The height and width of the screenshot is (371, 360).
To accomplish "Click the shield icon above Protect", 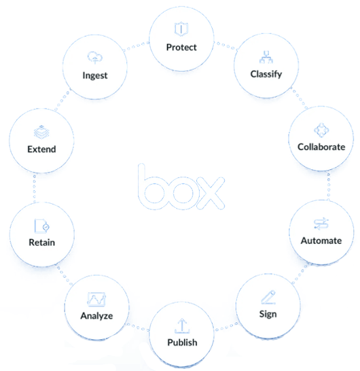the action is [x=181, y=29].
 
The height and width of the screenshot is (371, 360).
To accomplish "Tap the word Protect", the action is [x=181, y=48].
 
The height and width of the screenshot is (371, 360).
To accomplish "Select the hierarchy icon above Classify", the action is [x=266, y=57].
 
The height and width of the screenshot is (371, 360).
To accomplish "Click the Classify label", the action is [x=266, y=74].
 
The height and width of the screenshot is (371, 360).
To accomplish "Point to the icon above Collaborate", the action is [x=321, y=130].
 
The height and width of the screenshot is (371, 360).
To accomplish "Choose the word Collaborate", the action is [x=321, y=147].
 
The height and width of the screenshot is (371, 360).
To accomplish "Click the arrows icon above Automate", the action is [x=321, y=224].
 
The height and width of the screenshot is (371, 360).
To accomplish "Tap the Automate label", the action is [x=321, y=241].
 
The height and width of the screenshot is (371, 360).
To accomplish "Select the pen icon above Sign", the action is [x=268, y=297].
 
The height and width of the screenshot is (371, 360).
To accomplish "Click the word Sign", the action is [x=268, y=314].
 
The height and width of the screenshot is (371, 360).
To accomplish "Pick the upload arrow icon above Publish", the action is [x=182, y=325].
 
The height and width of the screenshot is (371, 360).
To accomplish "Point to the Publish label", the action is [x=182, y=342].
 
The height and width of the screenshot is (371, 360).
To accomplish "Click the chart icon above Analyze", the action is [x=96, y=299].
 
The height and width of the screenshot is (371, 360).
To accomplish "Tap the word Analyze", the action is [x=96, y=316].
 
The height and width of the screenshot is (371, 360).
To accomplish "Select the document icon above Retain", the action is [x=41, y=226].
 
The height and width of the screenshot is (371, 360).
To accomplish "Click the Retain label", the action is [x=42, y=243].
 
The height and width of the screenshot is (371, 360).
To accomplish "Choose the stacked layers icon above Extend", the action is [x=41, y=132].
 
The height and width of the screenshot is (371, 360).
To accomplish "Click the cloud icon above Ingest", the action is [x=95, y=58].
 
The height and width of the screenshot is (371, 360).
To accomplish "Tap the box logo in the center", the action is [x=181, y=186].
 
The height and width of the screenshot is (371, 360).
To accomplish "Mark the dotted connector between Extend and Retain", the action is [x=35, y=189].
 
